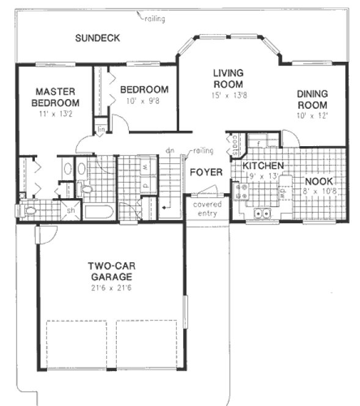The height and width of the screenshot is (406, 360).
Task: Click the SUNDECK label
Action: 97,38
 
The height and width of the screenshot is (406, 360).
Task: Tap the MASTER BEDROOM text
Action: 55,97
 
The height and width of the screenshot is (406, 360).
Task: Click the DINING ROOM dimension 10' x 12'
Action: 312,116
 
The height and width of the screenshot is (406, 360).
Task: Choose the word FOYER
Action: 205,172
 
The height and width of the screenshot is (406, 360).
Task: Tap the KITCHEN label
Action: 263,166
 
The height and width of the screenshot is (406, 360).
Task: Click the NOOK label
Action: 318,181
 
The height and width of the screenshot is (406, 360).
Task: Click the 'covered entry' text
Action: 208,209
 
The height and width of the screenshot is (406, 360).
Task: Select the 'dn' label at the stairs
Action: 169,150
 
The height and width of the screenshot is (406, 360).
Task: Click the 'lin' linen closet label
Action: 100,129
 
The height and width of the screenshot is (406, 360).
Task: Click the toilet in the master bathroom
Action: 29,211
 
